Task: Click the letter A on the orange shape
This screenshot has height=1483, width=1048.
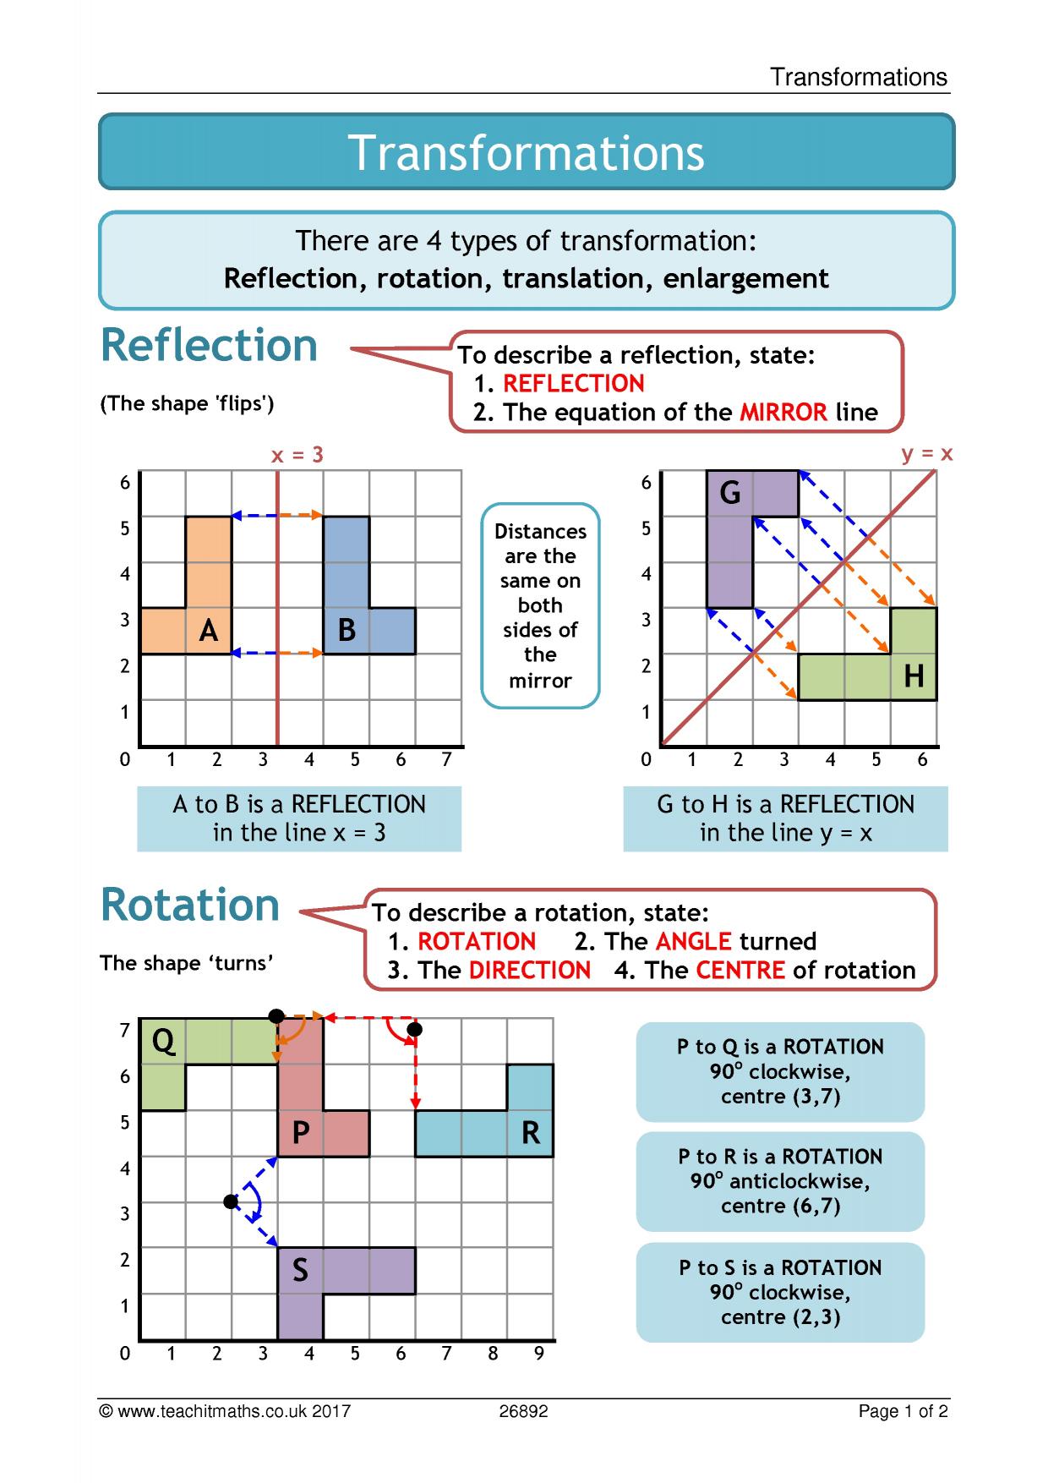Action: [x=209, y=631]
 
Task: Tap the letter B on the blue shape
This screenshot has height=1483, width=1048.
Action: [x=347, y=631]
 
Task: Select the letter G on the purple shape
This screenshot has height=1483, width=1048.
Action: [x=730, y=492]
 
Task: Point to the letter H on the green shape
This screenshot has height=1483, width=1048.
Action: [x=914, y=676]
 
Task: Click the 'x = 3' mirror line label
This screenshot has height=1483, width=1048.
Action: [x=297, y=455]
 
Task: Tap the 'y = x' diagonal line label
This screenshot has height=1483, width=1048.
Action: [x=927, y=454]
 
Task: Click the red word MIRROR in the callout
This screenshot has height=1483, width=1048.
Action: [x=783, y=413]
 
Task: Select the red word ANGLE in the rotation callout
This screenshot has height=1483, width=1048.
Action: [x=694, y=942]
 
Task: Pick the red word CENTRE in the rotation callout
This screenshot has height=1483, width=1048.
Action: [x=740, y=971]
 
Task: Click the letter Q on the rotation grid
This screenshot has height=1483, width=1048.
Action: [x=164, y=1042]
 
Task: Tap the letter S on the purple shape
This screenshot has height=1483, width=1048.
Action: [x=300, y=1271]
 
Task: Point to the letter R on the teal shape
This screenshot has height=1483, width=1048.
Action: [x=531, y=1133]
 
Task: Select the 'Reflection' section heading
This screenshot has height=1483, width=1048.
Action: [x=210, y=345]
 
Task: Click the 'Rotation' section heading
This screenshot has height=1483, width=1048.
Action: [x=190, y=905]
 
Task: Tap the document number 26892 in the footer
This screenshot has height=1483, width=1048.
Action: [x=523, y=1411]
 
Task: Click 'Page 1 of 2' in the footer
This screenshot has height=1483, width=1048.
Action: [x=903, y=1411]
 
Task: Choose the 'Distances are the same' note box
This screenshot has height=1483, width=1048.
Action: [x=540, y=605]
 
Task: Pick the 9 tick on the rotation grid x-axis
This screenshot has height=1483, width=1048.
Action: [x=539, y=1354]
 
